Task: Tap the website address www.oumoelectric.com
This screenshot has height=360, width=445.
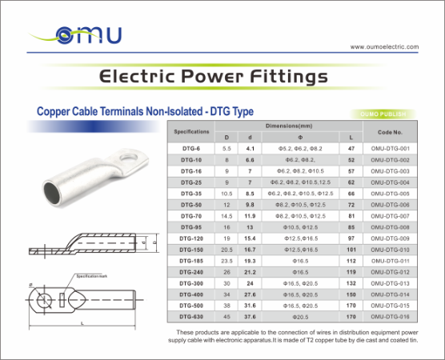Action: [384, 47]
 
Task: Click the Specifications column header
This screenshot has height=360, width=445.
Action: [192, 130]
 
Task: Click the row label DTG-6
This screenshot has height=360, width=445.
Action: [191, 149]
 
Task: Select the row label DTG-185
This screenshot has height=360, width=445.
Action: [191, 261]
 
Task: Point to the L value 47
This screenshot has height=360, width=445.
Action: [351, 149]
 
